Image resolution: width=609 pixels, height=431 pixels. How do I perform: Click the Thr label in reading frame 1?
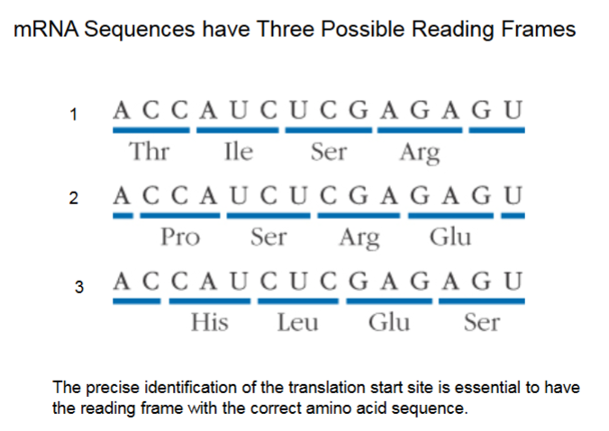coord(150,151)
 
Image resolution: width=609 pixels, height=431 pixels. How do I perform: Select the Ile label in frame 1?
coord(238,151)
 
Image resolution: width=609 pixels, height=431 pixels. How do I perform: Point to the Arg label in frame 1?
coord(419,153)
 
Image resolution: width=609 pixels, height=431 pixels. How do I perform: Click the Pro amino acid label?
coord(180,238)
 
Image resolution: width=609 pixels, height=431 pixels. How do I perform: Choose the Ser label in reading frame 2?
coord(268,238)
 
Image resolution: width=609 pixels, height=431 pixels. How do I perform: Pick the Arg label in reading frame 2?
coord(359,239)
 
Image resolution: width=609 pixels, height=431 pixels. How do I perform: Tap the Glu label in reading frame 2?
coord(450,238)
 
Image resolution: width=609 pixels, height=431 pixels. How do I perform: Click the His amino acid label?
coord(210,321)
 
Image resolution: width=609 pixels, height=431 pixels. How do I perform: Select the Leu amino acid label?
coord(298,321)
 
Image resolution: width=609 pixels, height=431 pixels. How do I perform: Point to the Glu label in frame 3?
coord(389,321)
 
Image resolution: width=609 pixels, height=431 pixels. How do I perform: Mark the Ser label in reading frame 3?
coord(481,321)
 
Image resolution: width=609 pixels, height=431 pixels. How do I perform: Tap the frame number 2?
coord(77,200)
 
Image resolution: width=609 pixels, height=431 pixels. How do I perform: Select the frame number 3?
coord(79,288)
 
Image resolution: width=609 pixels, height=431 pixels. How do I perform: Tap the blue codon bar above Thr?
coord(150,130)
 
